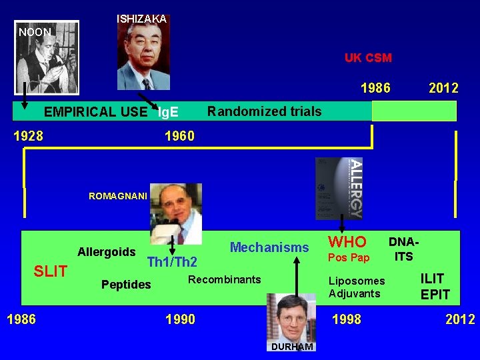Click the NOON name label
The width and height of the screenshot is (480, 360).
point(35,31)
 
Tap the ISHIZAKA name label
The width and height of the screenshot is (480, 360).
point(141,19)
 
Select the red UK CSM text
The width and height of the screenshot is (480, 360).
point(368,58)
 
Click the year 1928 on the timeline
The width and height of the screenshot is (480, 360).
point(29,136)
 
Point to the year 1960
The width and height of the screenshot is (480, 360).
point(179,136)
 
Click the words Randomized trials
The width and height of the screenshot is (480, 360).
point(264,111)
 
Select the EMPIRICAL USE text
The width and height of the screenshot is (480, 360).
point(95,112)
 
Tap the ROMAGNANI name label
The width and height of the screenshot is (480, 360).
point(116,196)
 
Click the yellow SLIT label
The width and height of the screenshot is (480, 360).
point(51,271)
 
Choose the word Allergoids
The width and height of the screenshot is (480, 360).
point(107,252)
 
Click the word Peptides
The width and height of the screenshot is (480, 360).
point(126,285)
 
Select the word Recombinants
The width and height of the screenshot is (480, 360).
point(225,279)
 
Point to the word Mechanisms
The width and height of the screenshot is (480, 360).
point(269,248)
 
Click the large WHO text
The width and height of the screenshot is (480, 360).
point(347,241)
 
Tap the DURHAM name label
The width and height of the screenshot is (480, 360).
point(291,347)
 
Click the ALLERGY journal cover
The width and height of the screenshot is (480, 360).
point(339,188)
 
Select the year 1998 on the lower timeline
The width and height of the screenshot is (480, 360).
point(347,319)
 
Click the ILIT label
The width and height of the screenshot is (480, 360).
point(431,279)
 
